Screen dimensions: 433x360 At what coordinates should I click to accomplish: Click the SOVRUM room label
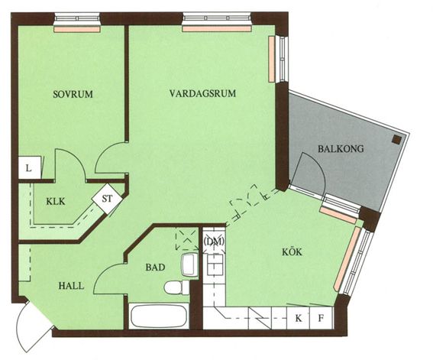(73, 94)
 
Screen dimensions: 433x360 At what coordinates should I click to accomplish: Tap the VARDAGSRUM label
(202, 93)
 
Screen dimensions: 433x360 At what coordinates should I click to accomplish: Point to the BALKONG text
(341, 148)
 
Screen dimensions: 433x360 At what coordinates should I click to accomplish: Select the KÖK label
(292, 251)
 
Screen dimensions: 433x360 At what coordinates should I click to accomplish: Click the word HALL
(71, 286)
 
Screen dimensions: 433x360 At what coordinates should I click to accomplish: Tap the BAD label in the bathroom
(155, 268)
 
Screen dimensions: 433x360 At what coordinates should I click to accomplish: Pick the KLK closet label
(56, 202)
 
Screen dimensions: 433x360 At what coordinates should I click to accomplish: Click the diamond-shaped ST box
(107, 199)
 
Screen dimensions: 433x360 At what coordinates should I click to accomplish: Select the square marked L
(30, 167)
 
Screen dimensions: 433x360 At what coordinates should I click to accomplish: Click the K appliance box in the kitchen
(299, 318)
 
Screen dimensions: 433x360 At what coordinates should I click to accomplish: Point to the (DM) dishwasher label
(214, 242)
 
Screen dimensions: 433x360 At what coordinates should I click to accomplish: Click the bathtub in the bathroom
(159, 316)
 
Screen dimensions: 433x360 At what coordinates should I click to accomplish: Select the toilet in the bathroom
(176, 287)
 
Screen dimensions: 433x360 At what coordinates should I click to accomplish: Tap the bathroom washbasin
(190, 264)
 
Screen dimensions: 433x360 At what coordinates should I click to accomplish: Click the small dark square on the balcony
(396, 140)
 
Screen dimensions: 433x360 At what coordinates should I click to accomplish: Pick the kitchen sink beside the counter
(215, 264)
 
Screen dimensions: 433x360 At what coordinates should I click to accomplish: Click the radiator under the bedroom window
(76, 29)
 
